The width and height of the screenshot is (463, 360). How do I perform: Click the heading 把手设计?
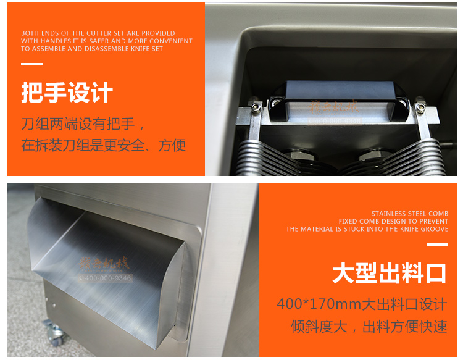click(67, 93)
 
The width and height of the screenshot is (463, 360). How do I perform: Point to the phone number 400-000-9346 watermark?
click(106, 278)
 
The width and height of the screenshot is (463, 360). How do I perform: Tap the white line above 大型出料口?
click(437, 245)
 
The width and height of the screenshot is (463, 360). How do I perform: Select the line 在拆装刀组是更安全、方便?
click(103, 146)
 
